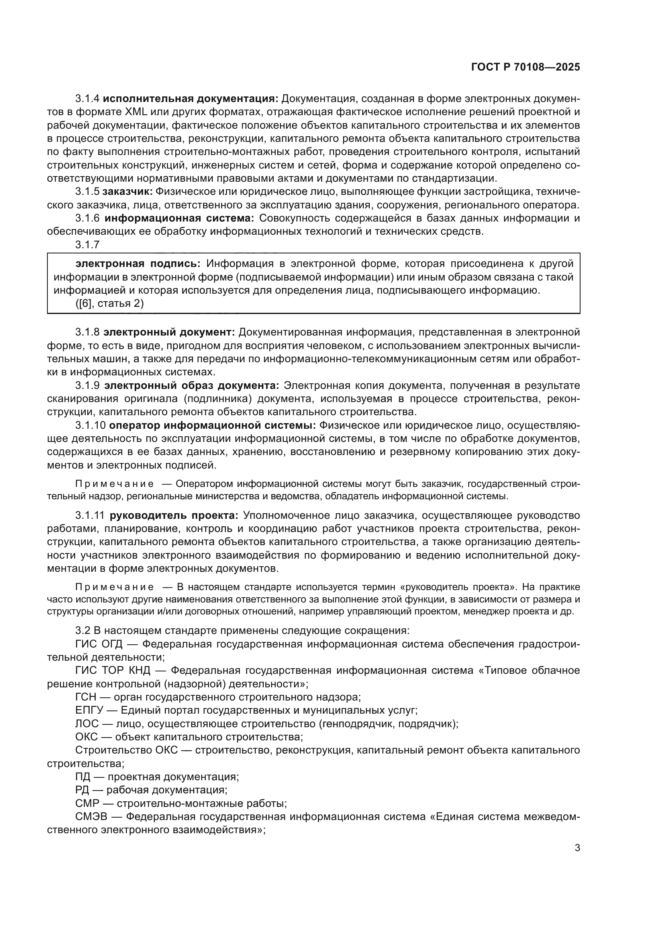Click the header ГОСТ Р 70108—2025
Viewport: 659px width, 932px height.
click(x=526, y=67)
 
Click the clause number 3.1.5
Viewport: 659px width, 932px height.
click(x=87, y=192)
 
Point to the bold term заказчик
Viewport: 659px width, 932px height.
click(x=127, y=192)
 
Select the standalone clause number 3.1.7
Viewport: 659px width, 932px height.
click(x=87, y=245)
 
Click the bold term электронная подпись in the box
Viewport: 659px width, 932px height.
click(x=138, y=264)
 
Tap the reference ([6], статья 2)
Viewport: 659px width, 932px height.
click(x=110, y=304)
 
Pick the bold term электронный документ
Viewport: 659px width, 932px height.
click(x=169, y=332)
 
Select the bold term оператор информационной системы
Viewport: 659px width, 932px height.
click(x=213, y=426)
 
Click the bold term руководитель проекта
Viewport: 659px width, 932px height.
click(x=174, y=516)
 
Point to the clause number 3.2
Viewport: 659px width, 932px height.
click(x=83, y=631)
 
